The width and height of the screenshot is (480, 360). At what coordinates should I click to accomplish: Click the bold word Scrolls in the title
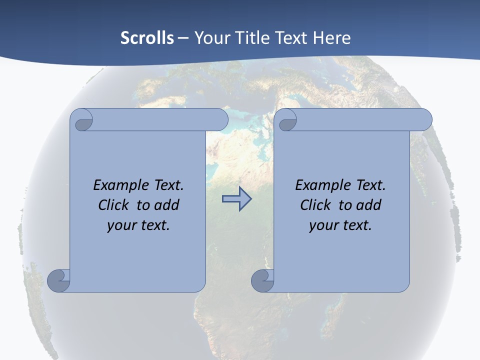click(147, 38)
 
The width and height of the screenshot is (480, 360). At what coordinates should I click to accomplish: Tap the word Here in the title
click(331, 38)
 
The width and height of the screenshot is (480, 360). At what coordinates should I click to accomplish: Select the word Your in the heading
click(210, 38)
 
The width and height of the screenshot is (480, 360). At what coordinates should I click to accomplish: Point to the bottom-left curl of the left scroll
click(58, 280)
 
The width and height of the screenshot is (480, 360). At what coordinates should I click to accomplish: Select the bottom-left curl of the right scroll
click(262, 280)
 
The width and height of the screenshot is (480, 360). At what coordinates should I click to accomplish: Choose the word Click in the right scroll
click(315, 205)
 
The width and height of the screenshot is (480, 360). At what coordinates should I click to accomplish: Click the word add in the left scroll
click(166, 205)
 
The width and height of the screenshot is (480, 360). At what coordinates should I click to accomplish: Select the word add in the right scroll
click(368, 205)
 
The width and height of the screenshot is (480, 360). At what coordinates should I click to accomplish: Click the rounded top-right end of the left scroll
click(218, 120)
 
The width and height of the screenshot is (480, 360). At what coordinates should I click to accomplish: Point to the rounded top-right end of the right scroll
click(422, 120)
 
